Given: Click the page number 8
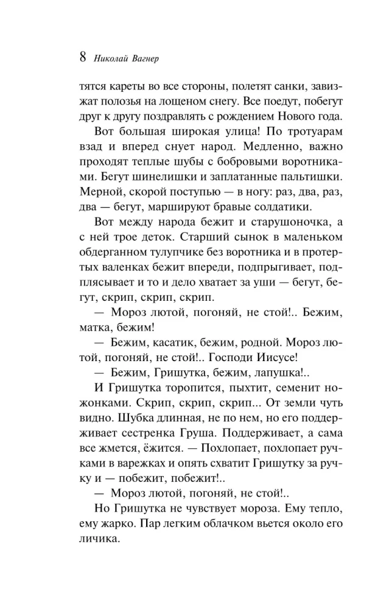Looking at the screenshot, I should pyautogui.click(x=83, y=58).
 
